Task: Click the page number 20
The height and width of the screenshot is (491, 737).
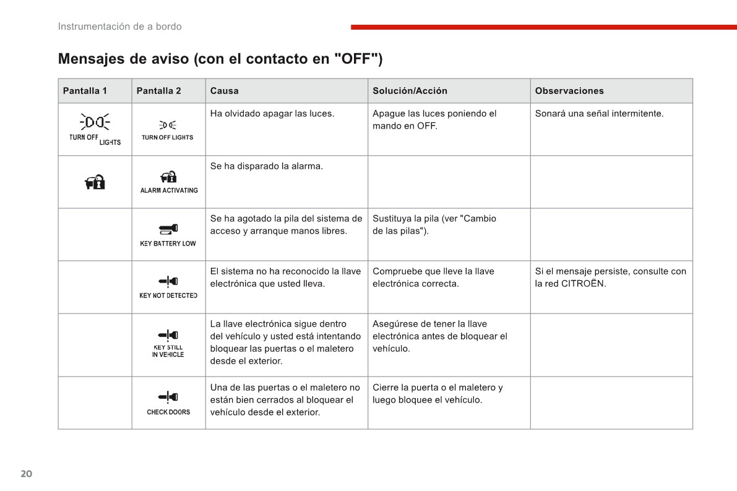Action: (x=26, y=474)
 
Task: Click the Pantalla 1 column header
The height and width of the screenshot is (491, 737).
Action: (x=85, y=91)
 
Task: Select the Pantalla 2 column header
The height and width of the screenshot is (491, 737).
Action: (x=158, y=91)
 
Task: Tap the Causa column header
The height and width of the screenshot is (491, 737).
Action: (x=224, y=91)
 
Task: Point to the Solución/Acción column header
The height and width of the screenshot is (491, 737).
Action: (x=410, y=91)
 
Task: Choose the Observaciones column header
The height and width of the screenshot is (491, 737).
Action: (x=569, y=91)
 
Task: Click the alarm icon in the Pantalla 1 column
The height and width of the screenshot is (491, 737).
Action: (x=95, y=182)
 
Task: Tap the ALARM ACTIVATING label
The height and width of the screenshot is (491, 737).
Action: (x=169, y=190)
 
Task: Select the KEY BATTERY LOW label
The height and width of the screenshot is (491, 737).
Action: (x=168, y=244)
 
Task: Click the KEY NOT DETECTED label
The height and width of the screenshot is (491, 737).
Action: (x=168, y=296)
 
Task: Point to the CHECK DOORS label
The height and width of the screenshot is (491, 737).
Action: (x=168, y=412)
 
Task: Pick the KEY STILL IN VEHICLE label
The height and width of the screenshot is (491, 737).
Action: (x=168, y=351)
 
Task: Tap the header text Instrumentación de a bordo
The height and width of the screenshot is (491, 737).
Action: (x=119, y=27)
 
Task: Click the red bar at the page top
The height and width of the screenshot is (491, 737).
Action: (x=543, y=27)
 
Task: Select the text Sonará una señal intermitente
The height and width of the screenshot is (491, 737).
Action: (x=599, y=114)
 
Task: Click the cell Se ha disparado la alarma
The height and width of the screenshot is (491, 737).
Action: (x=266, y=166)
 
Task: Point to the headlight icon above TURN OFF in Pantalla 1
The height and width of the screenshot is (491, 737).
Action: (x=95, y=122)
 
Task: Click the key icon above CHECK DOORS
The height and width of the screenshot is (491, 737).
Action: (x=168, y=396)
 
